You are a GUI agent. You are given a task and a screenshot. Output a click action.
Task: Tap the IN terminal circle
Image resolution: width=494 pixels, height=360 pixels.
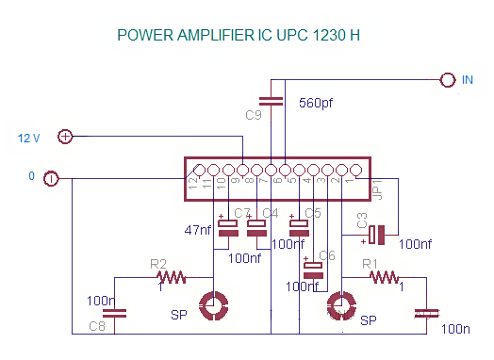tap(447, 81)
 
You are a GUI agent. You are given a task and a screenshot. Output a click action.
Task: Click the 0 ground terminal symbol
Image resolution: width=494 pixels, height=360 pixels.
tap(52, 177)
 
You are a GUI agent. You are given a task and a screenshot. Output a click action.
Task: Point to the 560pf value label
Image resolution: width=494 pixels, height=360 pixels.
tap(316, 102)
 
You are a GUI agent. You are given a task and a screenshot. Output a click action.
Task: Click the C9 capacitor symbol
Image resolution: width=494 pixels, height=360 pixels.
tap(271, 101)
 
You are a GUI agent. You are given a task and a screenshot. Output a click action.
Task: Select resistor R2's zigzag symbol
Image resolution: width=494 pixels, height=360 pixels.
tap(173, 277)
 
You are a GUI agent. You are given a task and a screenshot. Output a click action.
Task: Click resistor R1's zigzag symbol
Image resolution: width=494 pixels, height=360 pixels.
tap(383, 277)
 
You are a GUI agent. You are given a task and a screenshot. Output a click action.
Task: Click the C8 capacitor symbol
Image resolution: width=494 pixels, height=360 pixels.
tap(114, 313)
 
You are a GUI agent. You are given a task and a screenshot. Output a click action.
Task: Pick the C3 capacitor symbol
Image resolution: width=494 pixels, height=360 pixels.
tap(378, 233)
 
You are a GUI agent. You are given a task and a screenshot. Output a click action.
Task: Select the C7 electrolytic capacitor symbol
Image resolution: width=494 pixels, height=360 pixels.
tap(228, 224)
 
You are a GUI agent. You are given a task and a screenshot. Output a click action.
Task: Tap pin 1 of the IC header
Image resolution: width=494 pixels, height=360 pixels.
tap(356, 171)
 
